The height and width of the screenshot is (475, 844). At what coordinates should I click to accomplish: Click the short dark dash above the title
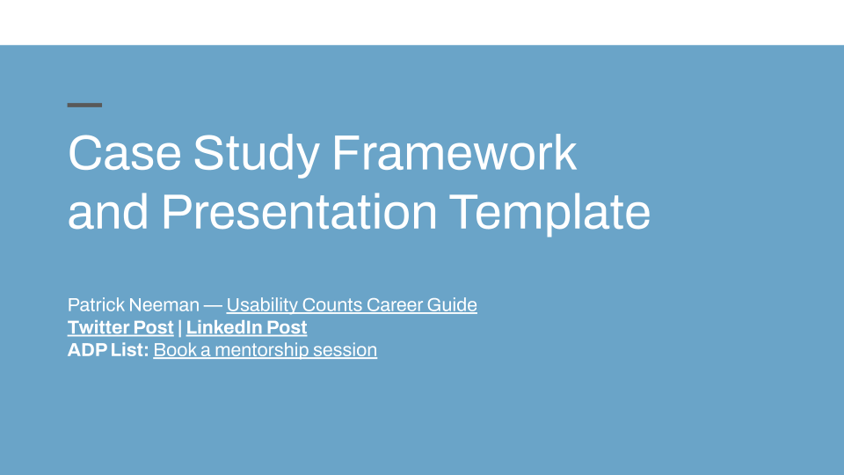(84, 105)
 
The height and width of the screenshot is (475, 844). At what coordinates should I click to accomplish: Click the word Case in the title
(124, 153)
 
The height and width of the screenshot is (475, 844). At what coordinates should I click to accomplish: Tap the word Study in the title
(256, 156)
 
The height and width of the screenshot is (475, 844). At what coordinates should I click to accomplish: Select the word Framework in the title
(455, 153)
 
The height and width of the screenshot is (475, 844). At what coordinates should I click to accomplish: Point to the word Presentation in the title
(299, 212)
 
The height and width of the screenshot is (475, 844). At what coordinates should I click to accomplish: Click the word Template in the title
(549, 214)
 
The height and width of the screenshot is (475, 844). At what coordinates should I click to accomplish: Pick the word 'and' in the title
(107, 212)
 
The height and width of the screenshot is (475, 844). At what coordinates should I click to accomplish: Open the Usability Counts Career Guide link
(352, 305)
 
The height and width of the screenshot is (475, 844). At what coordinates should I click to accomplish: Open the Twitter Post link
(120, 327)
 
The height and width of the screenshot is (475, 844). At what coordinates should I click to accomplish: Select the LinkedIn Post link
(246, 327)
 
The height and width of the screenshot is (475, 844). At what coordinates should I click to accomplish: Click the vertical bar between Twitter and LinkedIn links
(179, 327)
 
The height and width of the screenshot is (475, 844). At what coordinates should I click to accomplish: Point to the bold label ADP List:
(108, 350)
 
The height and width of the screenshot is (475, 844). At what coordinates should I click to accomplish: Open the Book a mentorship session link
(265, 350)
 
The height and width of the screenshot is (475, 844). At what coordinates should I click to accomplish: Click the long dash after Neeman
(213, 305)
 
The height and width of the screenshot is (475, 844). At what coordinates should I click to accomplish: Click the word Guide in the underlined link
(452, 305)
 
